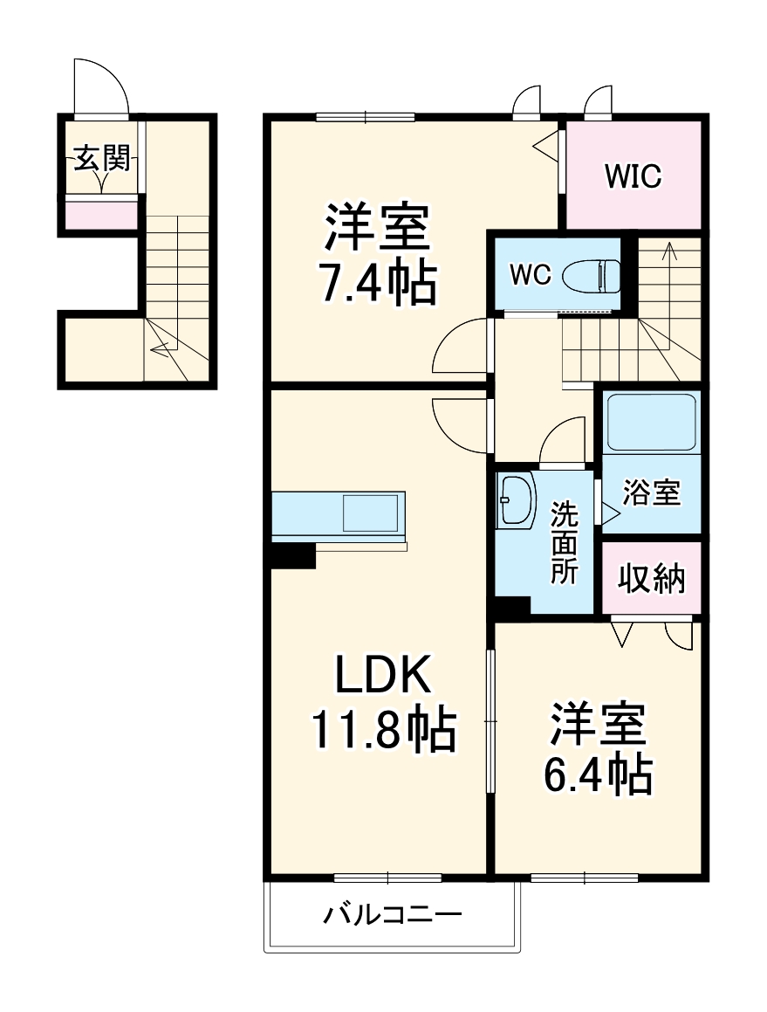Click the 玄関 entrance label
tap(103, 159)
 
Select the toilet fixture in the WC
tap(592, 277)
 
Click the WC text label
tap(531, 276)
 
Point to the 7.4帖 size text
tap(377, 284)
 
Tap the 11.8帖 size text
tap(384, 729)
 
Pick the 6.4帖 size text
tap(599, 773)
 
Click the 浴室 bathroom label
tap(651, 493)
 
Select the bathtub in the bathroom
tap(651, 422)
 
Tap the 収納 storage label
tap(652, 579)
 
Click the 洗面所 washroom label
tap(564, 543)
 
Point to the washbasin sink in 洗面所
tap(516, 501)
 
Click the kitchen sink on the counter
tap(370, 513)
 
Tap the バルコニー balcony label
tap(393, 916)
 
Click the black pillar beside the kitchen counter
tap(292, 556)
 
